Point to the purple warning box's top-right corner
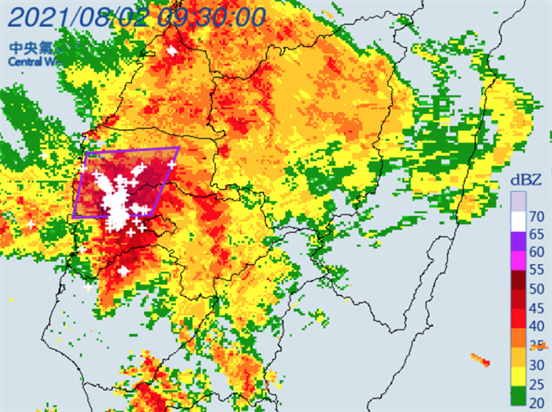click(x=178, y=148)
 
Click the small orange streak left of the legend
click(x=480, y=360)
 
